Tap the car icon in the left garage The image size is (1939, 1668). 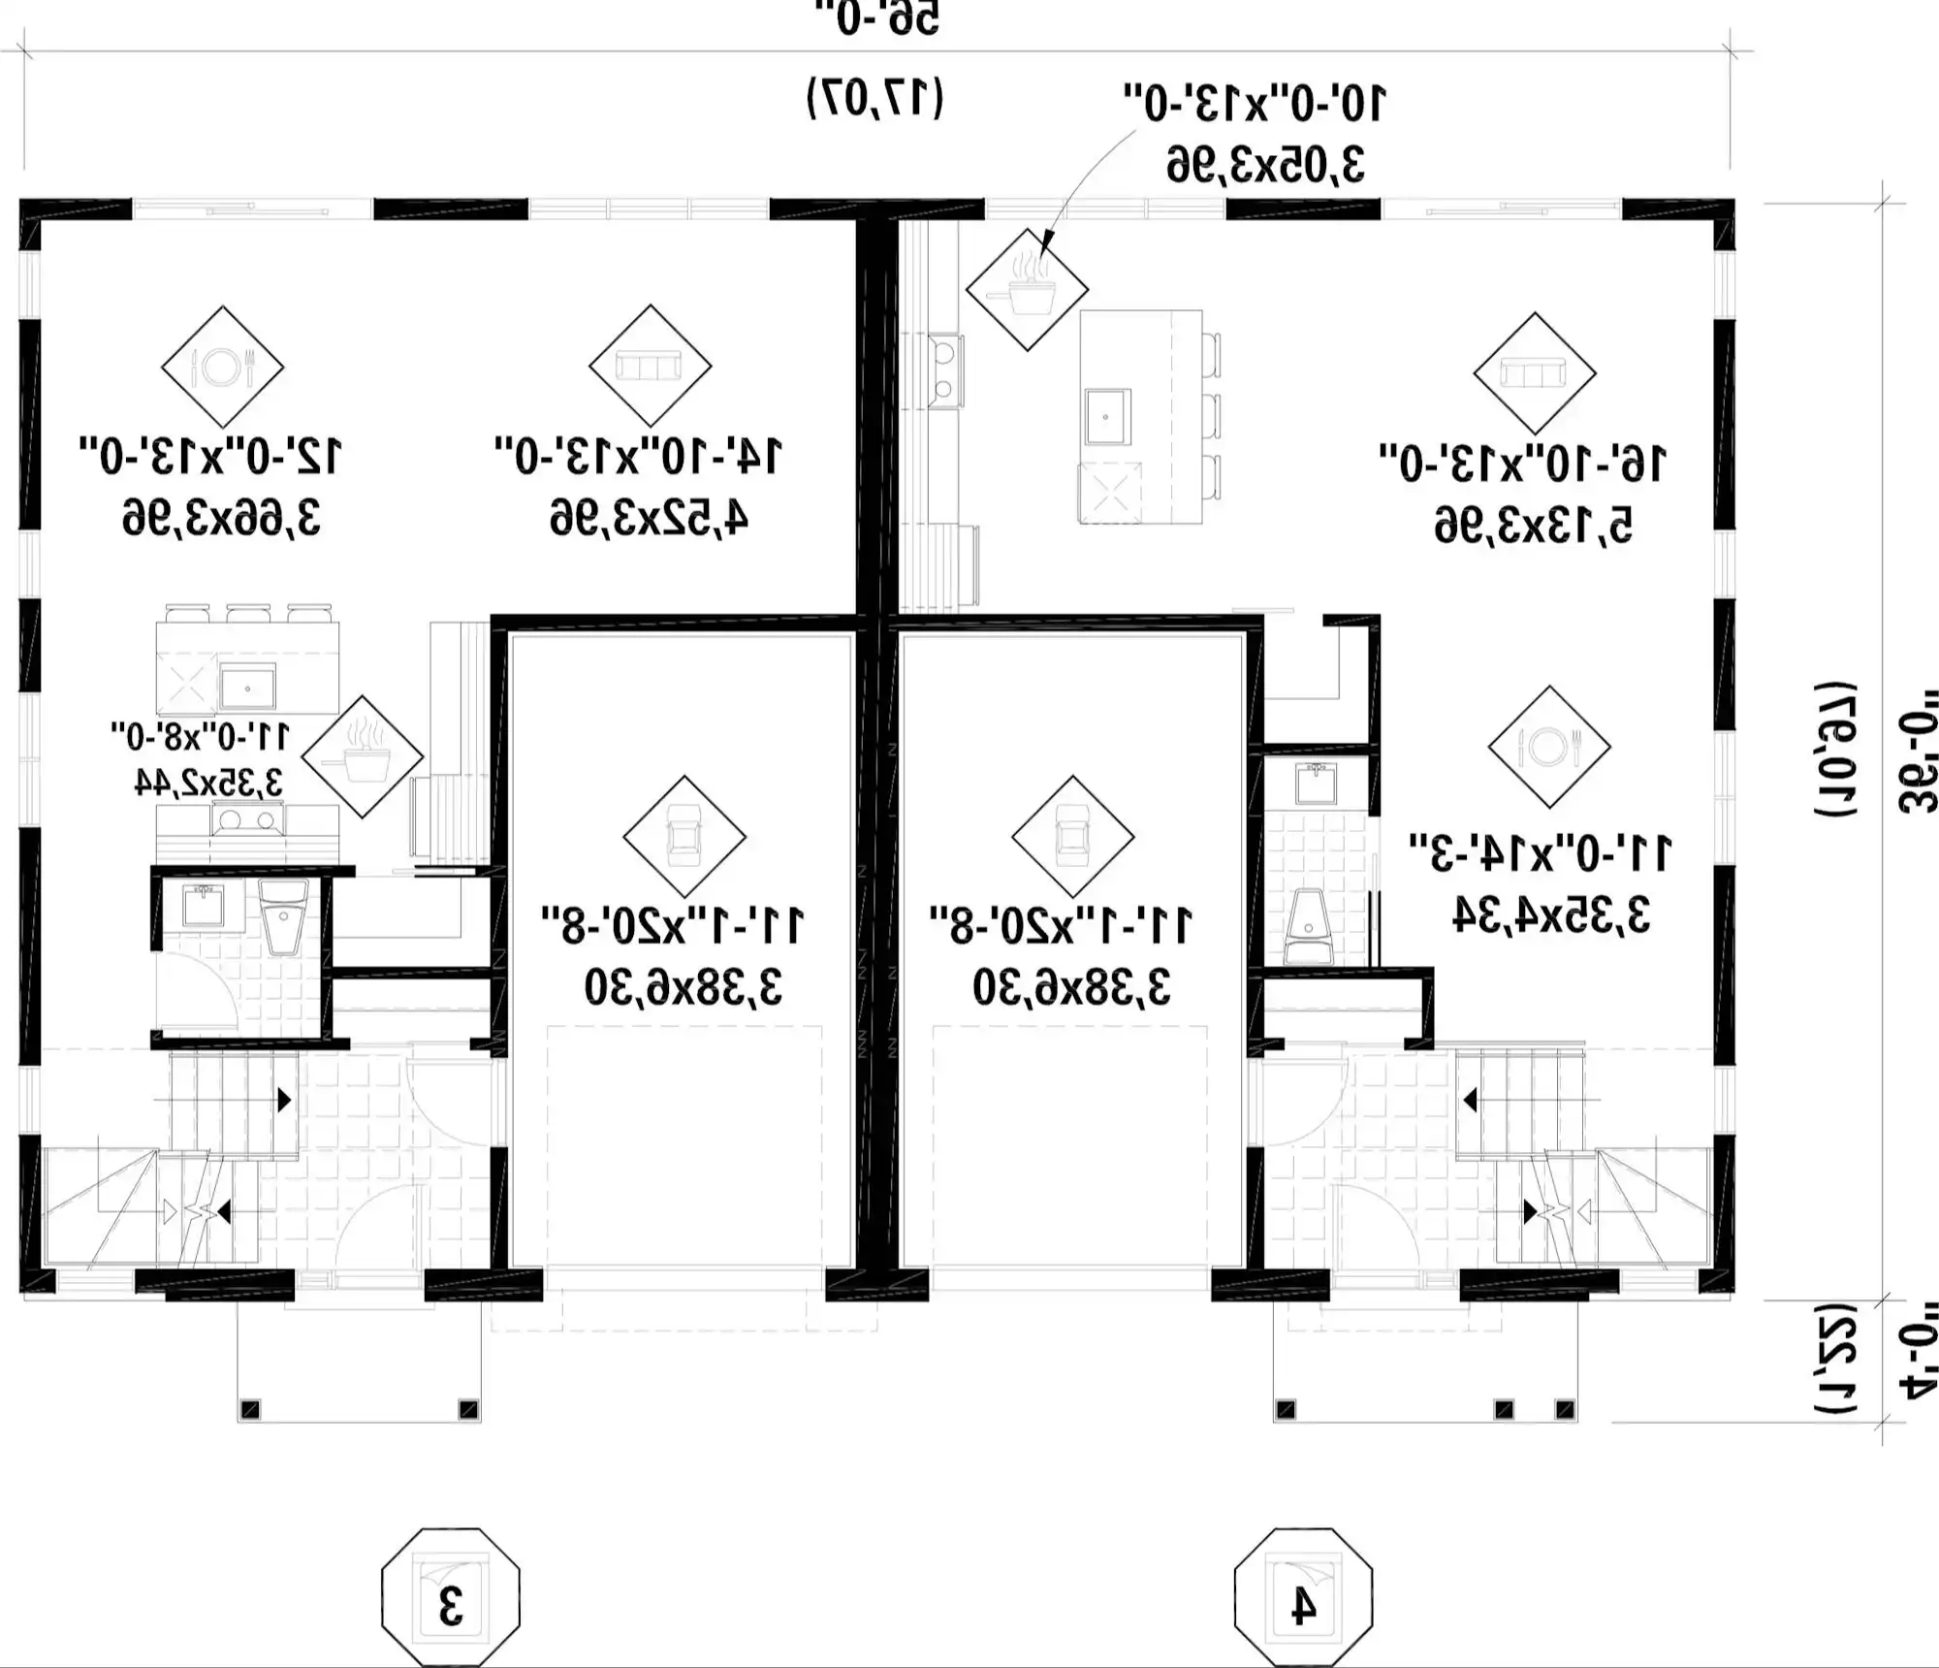[683, 836]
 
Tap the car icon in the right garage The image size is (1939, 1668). [1072, 836]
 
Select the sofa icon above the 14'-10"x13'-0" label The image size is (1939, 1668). [650, 367]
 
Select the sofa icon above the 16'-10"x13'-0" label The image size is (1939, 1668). [1534, 372]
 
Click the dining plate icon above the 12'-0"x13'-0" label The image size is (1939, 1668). [222, 367]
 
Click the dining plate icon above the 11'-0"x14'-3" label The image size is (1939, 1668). [1549, 747]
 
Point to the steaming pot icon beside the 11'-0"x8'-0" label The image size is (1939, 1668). [363, 756]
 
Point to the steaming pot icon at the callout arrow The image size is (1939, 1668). [1027, 288]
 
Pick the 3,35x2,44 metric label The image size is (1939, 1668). [207, 782]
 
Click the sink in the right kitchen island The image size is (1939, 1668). [1106, 416]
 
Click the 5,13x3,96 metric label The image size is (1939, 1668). [1534, 526]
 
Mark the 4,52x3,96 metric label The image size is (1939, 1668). [649, 519]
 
